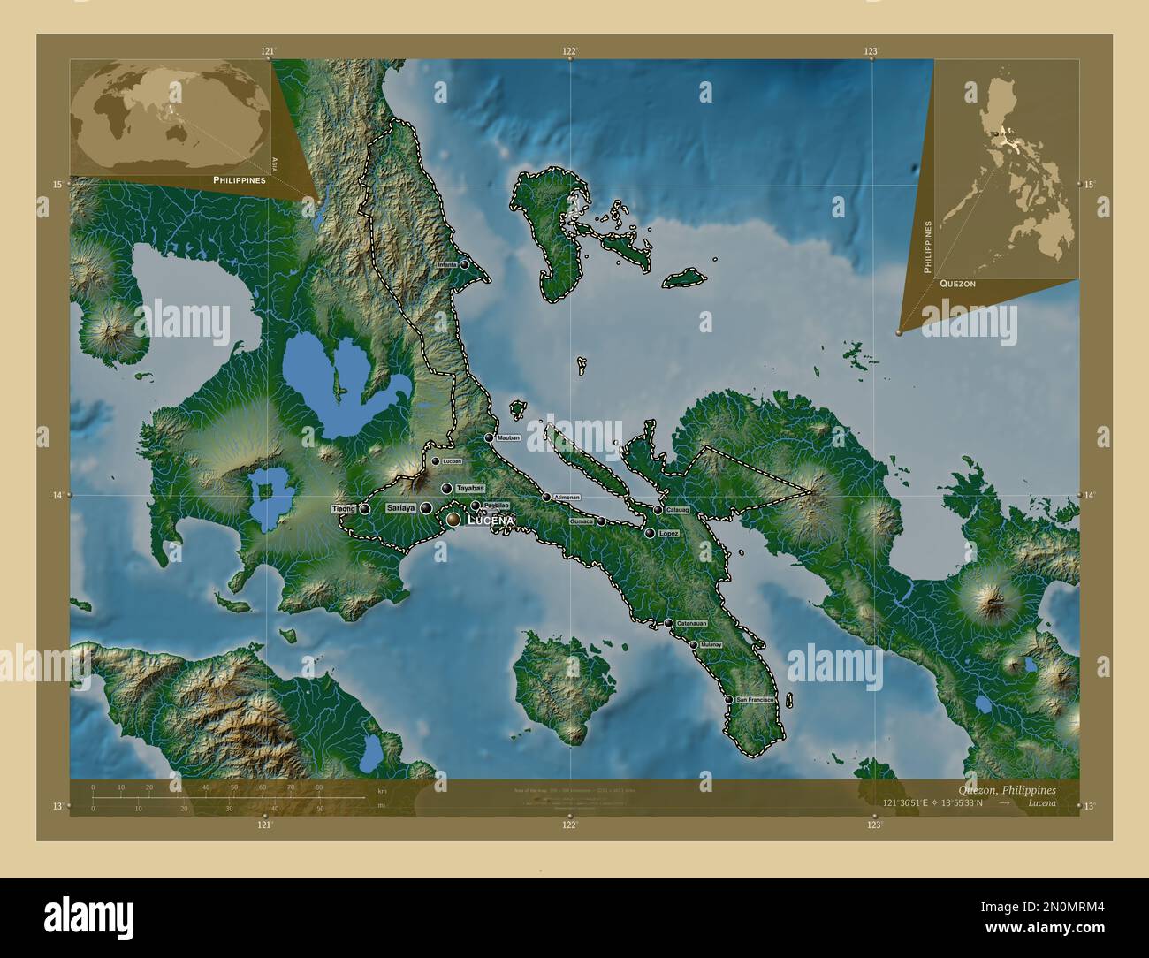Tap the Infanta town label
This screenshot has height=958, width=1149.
tap(447, 265)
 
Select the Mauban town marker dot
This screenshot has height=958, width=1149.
tap(489, 437)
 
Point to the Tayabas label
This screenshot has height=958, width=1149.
tap(471, 488)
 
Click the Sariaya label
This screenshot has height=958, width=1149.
tap(401, 508)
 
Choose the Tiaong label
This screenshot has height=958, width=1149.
tap(344, 509)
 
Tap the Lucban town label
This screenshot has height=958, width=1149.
tap(452, 461)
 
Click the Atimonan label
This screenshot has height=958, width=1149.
tap(567, 498)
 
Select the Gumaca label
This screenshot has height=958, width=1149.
tap(582, 521)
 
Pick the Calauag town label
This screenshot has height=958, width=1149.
tap(677, 510)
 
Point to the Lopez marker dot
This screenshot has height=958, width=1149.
tap(650, 533)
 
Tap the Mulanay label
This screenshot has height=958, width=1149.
tap(711, 645)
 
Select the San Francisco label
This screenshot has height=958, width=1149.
tap(755, 700)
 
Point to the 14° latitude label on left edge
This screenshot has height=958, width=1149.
tap(57, 496)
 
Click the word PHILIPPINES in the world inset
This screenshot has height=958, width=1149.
tap(239, 179)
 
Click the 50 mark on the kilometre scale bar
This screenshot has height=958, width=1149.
tap(233, 787)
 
